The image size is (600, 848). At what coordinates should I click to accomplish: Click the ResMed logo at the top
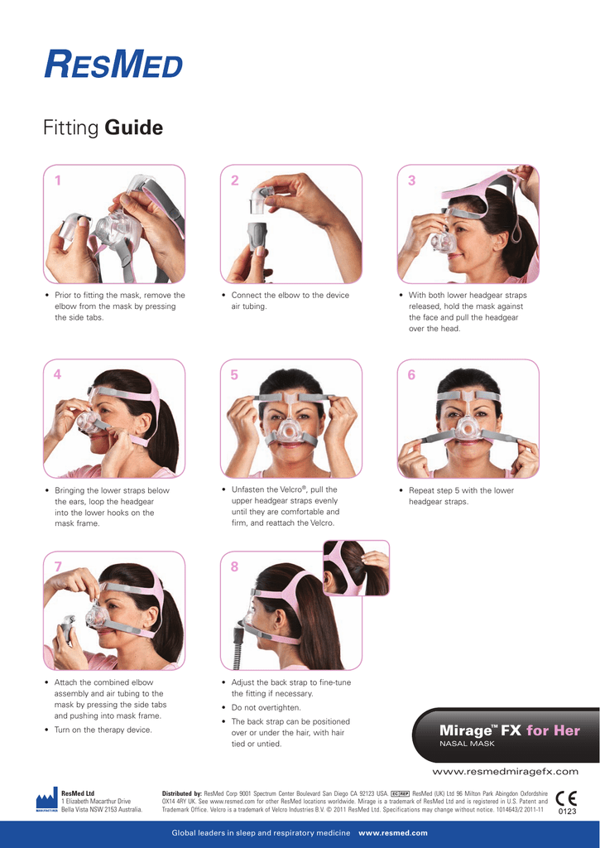[x=113, y=64]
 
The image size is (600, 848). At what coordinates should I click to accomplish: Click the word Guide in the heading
[x=133, y=128]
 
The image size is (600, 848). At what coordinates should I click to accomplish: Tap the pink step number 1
[x=58, y=180]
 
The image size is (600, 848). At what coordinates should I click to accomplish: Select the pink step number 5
[x=234, y=375]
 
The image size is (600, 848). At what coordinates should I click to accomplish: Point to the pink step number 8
[x=234, y=566]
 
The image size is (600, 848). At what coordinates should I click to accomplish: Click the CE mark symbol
[x=567, y=798]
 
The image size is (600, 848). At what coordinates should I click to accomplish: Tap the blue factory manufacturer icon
[x=47, y=800]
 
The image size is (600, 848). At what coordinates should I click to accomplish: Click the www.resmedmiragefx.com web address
[x=506, y=772]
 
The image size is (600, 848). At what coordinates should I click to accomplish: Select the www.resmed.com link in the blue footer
[x=393, y=833]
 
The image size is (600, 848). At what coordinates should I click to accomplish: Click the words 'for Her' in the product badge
[x=553, y=730]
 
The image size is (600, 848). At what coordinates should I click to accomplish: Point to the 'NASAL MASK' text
[x=467, y=744]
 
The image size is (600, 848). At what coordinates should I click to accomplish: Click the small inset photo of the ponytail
[x=356, y=568]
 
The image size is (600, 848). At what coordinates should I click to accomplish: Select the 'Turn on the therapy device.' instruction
[x=103, y=730]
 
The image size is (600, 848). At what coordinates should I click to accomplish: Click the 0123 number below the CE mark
[x=567, y=812]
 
